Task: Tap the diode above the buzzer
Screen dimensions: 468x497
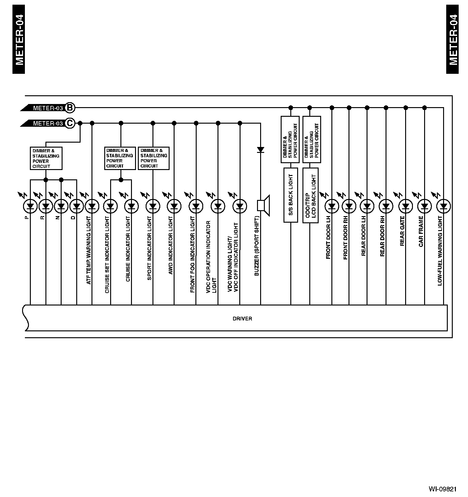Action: [x=260, y=150]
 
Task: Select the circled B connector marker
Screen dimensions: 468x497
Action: [x=70, y=108]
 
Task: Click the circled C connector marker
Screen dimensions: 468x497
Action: [x=70, y=123]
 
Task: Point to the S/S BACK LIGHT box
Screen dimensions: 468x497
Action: [x=291, y=195]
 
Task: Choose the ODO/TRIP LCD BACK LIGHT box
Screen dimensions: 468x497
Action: [x=310, y=195]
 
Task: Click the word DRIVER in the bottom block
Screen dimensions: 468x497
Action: [x=242, y=319]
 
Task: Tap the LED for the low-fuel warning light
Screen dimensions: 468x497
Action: [x=443, y=206]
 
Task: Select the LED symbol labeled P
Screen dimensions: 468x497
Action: [x=30, y=206]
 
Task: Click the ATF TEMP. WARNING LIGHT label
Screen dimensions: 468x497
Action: [x=89, y=250]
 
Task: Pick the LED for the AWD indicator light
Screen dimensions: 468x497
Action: [x=174, y=206]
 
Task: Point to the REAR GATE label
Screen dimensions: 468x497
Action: [x=402, y=231]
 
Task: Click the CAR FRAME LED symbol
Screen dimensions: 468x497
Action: [x=424, y=206]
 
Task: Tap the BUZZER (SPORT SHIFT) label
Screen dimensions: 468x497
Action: [x=257, y=246]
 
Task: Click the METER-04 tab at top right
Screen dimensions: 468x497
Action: [x=452, y=40]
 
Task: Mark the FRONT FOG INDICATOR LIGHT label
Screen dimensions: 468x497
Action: [x=193, y=254]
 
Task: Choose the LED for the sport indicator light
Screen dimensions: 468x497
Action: [x=153, y=206]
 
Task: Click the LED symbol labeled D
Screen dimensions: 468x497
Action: [x=77, y=206]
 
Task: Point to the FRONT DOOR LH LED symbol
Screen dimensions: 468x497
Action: [x=332, y=206]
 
